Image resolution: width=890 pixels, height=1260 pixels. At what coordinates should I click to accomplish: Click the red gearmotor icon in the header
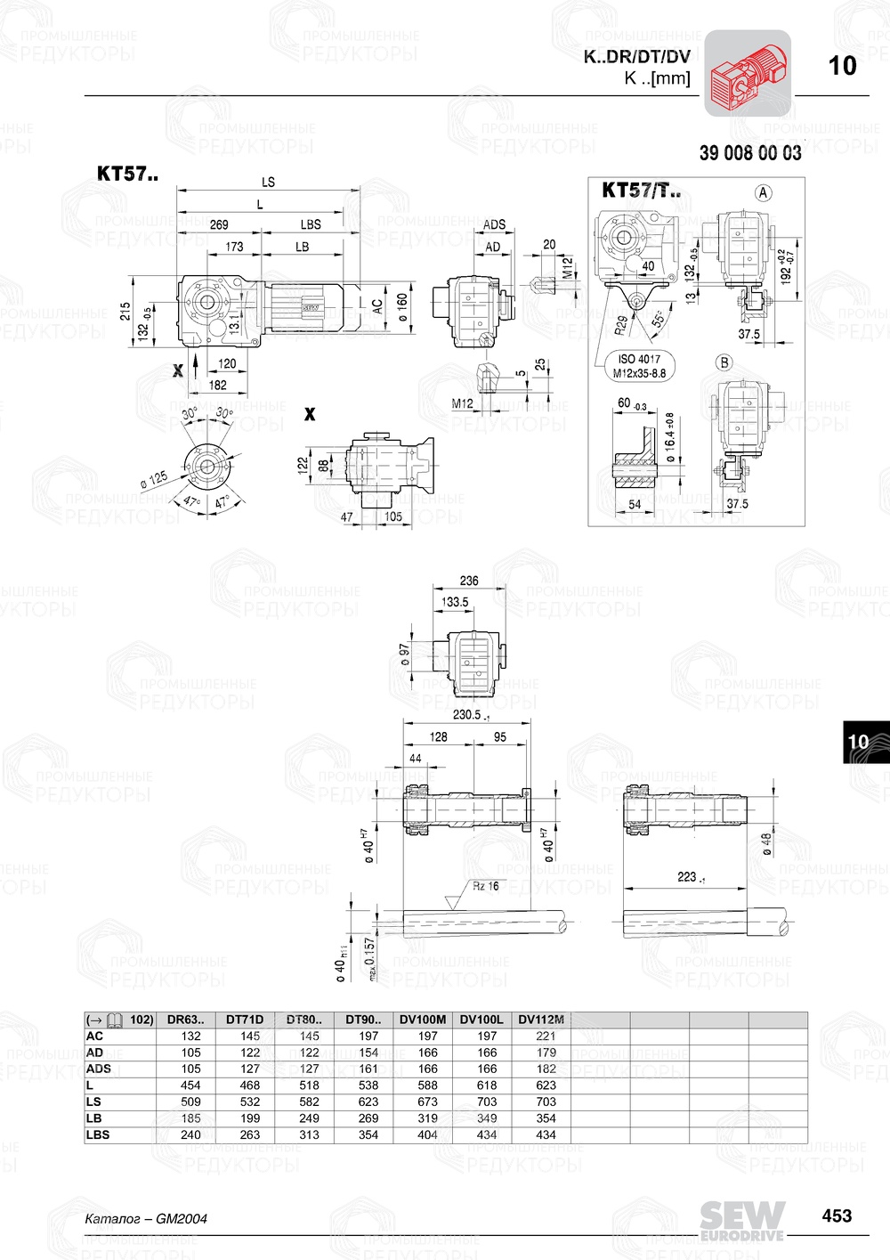[x=748, y=73]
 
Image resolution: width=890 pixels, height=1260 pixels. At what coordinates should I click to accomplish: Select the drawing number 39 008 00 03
[x=749, y=153]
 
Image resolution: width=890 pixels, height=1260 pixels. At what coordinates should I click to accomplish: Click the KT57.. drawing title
[x=127, y=174]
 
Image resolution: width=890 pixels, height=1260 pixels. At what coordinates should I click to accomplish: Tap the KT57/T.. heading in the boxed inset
[x=641, y=190]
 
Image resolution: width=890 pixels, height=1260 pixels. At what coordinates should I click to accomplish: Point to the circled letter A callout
[x=763, y=192]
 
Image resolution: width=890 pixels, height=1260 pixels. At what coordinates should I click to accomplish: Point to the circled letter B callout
[x=724, y=362]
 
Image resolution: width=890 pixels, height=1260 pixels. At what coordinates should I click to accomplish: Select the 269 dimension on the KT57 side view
[x=219, y=224]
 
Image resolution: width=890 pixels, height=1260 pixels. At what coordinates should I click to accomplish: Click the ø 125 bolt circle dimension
[x=154, y=479]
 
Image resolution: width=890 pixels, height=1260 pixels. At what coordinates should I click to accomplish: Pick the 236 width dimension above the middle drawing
[x=469, y=581]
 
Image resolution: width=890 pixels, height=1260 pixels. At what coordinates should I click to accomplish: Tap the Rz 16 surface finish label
[x=485, y=886]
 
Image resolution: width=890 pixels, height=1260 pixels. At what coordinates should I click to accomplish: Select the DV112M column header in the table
[x=541, y=1020]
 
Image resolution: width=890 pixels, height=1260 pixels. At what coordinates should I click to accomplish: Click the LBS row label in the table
[x=97, y=1134]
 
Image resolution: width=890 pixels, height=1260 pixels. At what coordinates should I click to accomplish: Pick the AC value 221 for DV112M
[x=546, y=1036]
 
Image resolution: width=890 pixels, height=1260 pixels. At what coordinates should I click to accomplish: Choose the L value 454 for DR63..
[x=190, y=1085]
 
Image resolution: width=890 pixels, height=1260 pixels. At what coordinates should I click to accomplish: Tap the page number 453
[x=837, y=1215]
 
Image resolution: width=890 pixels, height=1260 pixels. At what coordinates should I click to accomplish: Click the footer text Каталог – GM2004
[x=146, y=1219]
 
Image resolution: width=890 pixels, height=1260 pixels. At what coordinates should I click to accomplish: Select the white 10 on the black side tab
[x=858, y=742]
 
